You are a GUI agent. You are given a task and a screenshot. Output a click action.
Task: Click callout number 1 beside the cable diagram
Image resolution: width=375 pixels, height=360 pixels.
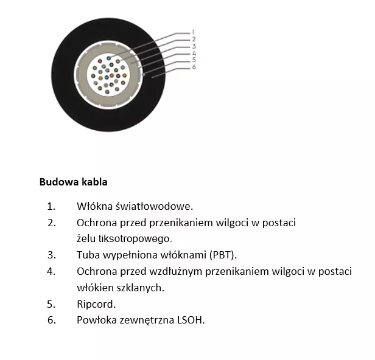193,32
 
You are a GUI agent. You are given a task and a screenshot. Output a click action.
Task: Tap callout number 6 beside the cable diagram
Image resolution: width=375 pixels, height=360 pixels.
193,67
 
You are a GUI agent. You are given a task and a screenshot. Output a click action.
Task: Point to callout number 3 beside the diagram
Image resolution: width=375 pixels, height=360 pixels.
193,46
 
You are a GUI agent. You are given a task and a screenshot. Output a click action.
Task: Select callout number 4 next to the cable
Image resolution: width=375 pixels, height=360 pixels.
193,53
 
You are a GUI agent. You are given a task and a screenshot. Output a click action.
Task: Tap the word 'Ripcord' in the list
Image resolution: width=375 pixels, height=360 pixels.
96,304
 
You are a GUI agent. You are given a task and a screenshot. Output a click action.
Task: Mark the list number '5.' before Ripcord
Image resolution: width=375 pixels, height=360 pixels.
51,304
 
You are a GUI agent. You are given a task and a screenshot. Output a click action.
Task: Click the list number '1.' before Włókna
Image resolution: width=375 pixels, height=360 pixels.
51,206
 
